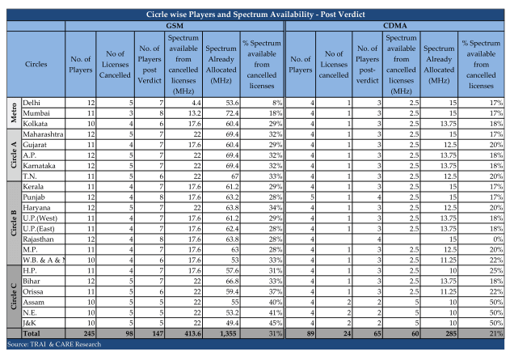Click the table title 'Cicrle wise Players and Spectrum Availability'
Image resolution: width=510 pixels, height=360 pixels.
coord(230,15)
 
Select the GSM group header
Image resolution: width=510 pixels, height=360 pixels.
coord(175,26)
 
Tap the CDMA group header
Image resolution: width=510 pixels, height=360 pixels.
coord(395,26)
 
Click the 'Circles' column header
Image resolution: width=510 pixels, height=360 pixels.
coord(36,64)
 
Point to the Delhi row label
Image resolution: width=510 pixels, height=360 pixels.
coord(32,103)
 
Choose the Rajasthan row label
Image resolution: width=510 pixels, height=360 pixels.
coord(38,239)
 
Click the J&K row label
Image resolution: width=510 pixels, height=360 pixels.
coord(29,324)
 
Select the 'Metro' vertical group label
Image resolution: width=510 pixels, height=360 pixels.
coord(14,112)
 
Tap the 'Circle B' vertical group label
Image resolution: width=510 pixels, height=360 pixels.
coord(14,223)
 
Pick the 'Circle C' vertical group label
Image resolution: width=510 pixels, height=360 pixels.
coord(14,297)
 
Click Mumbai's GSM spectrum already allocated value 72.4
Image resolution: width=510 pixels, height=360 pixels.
coord(232,113)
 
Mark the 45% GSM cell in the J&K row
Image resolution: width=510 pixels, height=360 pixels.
coord(276,324)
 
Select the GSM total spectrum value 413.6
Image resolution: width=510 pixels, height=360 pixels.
coord(192,333)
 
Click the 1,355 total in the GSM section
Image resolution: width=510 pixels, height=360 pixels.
coord(228,333)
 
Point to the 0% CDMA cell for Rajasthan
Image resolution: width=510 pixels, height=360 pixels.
coord(498,239)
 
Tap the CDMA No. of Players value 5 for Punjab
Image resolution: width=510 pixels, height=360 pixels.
coord(312,197)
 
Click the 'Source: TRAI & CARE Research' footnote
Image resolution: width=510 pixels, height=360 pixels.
coord(54,345)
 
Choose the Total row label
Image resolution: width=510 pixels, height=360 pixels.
coord(32,333)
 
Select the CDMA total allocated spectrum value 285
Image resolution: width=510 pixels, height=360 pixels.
coord(451,333)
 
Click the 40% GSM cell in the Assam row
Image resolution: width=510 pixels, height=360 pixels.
coord(276,302)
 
